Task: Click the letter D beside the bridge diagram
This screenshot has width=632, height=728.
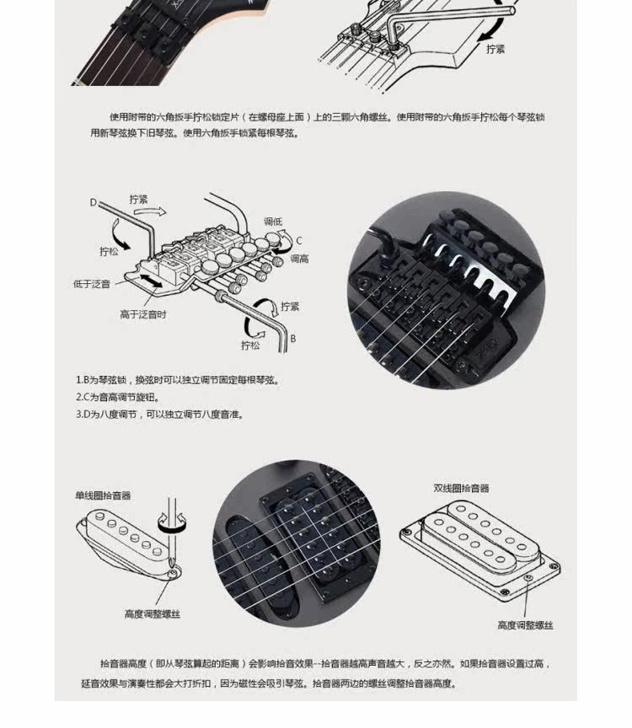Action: pos(94,202)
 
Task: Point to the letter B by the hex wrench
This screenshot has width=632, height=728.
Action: pos(292,338)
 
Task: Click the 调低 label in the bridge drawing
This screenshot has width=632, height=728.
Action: pos(273,222)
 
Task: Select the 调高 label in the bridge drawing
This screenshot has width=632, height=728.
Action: pos(299,259)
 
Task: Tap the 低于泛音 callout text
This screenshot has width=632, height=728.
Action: pos(92,284)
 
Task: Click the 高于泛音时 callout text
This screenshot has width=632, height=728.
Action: pos(143,314)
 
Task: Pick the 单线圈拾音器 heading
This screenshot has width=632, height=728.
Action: pos(103,496)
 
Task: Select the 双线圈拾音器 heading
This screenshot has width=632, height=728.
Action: pos(461,488)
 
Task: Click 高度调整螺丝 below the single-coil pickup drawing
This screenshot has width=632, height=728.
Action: pos(153,614)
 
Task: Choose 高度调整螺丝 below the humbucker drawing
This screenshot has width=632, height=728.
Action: pos(525,625)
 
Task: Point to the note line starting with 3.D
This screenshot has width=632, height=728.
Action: pos(160,415)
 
